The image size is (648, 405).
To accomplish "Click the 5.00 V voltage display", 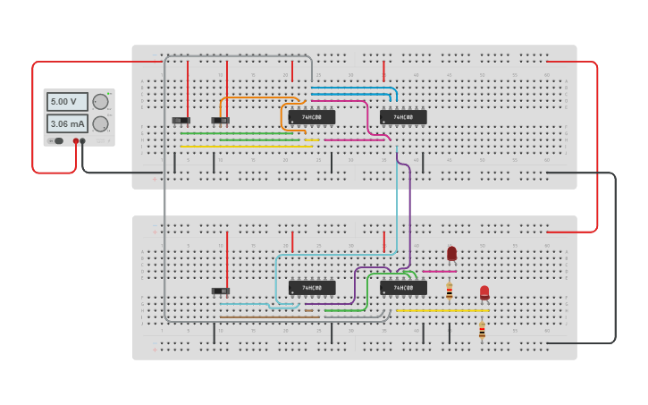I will (x=67, y=102).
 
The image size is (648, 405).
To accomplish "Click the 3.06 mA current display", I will (x=67, y=123).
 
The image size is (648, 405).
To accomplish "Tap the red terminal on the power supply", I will (x=75, y=141).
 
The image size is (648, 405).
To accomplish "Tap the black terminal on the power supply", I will (x=83, y=141).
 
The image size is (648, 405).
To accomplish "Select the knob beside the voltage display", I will (x=100, y=102).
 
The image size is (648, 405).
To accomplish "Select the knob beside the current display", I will (x=100, y=123).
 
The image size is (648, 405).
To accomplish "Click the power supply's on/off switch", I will (x=57, y=141).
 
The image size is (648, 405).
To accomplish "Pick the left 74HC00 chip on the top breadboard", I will (x=312, y=116).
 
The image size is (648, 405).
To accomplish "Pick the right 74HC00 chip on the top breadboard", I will (x=403, y=116).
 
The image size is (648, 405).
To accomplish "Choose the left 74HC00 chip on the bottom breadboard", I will (x=312, y=288).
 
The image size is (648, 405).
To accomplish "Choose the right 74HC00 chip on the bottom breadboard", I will (x=403, y=288).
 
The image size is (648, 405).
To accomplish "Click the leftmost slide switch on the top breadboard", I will (x=181, y=120).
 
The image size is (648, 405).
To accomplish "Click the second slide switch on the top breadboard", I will (x=220, y=120).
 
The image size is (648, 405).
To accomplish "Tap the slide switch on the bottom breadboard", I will (x=220, y=291).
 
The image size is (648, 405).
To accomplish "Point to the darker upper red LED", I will (x=451, y=253).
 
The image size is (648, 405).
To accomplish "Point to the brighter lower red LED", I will (x=484, y=291).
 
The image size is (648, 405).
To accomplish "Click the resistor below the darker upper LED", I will (x=449, y=291).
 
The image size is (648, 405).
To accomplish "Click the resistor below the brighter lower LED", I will (x=482, y=329).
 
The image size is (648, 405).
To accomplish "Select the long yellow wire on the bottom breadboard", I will (x=442, y=310).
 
